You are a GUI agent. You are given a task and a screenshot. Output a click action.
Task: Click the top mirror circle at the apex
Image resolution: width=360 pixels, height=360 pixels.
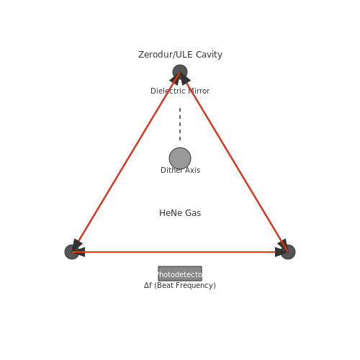[x=180, y=72]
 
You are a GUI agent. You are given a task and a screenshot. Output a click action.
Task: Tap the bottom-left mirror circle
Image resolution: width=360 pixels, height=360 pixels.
[x=72, y=252]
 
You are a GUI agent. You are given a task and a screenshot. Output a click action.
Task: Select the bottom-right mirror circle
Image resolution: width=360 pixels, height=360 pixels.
[x=288, y=252]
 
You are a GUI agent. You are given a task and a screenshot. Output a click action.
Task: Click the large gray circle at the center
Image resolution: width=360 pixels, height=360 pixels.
[x=180, y=158]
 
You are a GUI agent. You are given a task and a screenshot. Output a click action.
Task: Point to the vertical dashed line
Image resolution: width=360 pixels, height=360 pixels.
[x=180, y=124]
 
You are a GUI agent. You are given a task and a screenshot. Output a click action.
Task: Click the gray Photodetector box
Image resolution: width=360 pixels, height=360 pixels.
[x=180, y=274]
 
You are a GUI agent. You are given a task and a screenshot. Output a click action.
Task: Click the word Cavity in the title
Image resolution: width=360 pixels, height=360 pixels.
[x=209, y=55]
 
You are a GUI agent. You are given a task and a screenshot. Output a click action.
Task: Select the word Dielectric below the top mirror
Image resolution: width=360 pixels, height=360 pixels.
[x=168, y=91]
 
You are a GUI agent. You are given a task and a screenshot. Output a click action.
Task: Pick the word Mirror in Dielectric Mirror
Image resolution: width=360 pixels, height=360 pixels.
[x=199, y=91]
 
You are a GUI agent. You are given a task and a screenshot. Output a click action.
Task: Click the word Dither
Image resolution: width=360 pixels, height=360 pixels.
[x=171, y=170]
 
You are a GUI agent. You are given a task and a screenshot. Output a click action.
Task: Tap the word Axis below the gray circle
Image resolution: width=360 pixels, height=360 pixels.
[x=193, y=170]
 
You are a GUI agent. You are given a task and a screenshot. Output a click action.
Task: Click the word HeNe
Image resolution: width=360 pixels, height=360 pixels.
[x=171, y=213]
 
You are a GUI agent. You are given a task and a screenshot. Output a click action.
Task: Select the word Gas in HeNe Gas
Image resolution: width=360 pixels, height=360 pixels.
[x=193, y=213]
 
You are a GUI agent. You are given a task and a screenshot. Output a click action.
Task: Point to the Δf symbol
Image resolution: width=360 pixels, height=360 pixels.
[x=148, y=285]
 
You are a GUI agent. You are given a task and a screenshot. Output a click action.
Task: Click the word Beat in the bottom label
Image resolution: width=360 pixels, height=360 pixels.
[x=165, y=285]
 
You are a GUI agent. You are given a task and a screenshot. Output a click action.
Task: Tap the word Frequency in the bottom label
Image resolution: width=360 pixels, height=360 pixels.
[x=196, y=286]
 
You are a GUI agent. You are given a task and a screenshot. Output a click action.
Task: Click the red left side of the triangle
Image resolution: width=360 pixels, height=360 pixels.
[x=126, y=162]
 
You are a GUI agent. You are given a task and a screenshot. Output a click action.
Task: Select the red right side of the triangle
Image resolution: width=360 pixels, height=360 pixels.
[x=234, y=162]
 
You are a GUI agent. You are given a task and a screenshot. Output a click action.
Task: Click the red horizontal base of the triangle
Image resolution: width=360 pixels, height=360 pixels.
[x=180, y=252]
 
